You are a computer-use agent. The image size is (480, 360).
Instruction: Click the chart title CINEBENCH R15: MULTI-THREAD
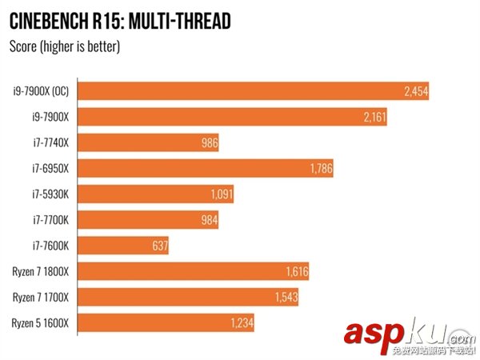pos(119,19)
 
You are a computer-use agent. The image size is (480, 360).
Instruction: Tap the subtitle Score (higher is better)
pos(63,47)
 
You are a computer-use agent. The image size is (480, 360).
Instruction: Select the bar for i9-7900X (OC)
pos(240,92)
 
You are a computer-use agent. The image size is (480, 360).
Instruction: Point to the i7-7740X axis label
pos(50,143)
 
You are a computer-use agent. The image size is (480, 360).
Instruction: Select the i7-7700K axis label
pos(50,220)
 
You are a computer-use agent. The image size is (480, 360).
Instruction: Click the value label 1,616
pos(296,272)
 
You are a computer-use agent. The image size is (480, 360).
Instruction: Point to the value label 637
pos(158,246)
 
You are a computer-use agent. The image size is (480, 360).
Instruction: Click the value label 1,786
pos(320,169)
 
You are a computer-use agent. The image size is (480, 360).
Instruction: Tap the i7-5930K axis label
pos(50,194)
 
